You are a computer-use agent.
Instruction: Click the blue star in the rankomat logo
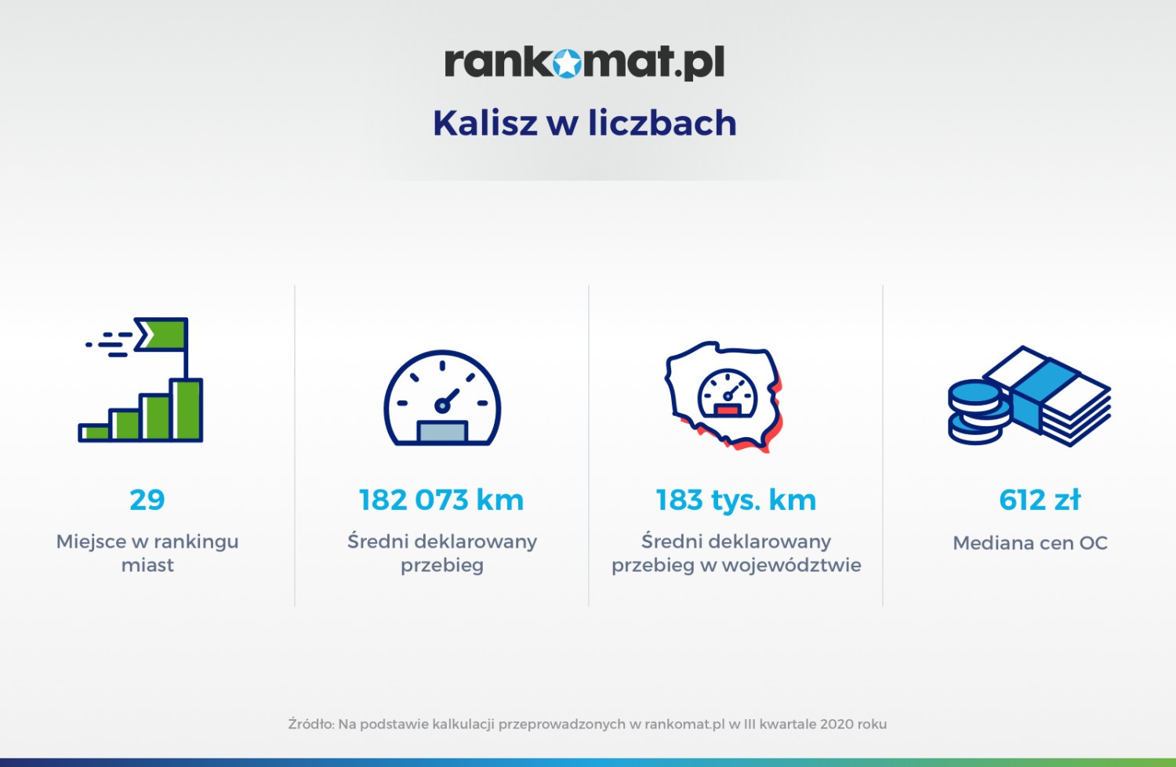tap(567, 63)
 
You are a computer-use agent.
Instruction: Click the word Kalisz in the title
tap(485, 123)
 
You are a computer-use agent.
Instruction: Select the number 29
tap(147, 499)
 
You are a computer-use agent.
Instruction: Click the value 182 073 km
tap(441, 499)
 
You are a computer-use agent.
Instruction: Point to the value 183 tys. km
tap(736, 499)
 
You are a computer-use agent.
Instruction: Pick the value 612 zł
tap(1040, 499)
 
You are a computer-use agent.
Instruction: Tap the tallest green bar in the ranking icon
tap(187, 410)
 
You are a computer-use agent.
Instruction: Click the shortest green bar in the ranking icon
tap(95, 432)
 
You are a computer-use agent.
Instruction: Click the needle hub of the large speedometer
tap(442, 405)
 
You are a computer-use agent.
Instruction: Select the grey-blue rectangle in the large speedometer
tap(442, 432)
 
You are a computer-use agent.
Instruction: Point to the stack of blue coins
tap(978, 413)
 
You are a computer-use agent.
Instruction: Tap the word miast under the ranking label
tap(147, 565)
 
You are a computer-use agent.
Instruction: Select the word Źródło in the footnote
tap(310, 724)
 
